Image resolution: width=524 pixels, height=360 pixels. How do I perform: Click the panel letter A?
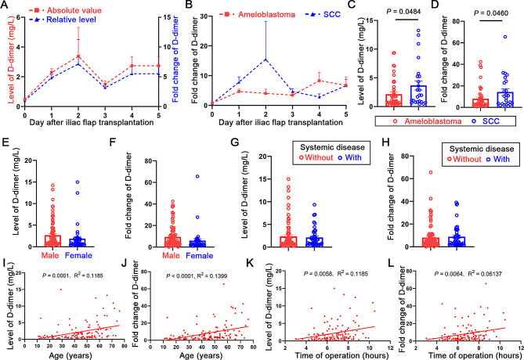pos(5,6)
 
